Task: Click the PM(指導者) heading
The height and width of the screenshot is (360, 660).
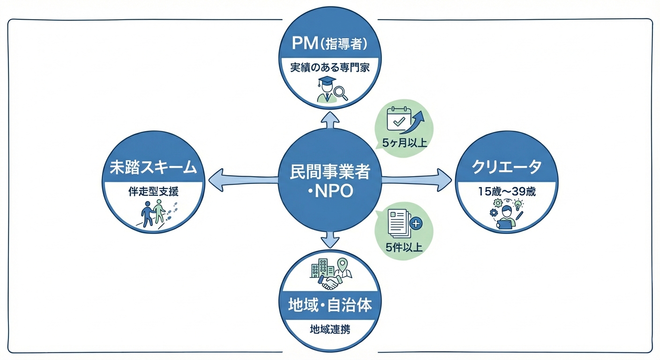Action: [x=330, y=44]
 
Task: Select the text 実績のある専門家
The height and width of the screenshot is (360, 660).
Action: [x=330, y=67]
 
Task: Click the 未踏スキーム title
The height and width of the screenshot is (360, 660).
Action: [x=154, y=167]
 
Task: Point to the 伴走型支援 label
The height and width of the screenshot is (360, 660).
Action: [x=154, y=191]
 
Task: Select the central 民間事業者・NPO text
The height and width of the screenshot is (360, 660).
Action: [x=330, y=182]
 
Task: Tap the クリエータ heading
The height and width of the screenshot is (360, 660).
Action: [x=506, y=167]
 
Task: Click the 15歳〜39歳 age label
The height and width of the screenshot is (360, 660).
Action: [x=506, y=191]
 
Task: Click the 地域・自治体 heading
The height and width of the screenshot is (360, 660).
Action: [x=330, y=306]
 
